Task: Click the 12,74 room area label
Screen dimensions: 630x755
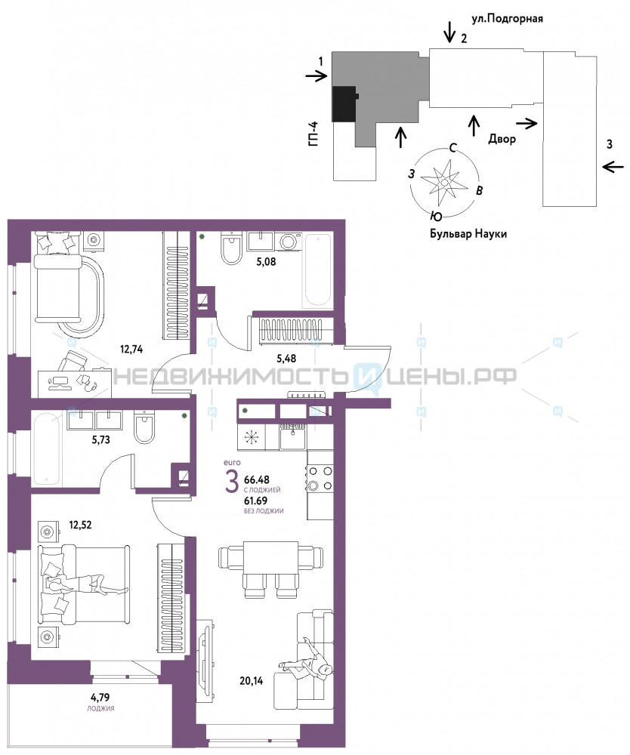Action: tap(131, 349)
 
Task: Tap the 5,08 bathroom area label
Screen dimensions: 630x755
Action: tap(266, 262)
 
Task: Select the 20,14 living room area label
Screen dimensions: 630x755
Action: tap(252, 680)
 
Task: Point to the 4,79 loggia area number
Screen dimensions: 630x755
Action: tap(100, 697)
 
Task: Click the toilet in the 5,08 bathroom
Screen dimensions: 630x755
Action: tap(232, 248)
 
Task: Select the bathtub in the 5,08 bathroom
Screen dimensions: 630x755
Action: tap(317, 270)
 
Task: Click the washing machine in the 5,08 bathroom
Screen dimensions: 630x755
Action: tap(289, 242)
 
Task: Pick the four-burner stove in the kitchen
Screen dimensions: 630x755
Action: tap(320, 478)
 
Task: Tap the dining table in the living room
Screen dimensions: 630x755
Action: tap(270, 558)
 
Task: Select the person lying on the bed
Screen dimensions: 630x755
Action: tap(85, 584)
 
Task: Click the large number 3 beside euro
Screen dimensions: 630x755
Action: tap(232, 482)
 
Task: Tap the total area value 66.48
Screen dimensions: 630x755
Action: tap(257, 479)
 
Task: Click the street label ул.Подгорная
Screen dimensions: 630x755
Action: tap(507, 19)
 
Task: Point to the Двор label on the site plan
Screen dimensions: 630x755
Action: tap(502, 139)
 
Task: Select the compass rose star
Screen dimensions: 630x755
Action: tap(443, 183)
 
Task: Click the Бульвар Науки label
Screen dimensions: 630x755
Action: tap(468, 234)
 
